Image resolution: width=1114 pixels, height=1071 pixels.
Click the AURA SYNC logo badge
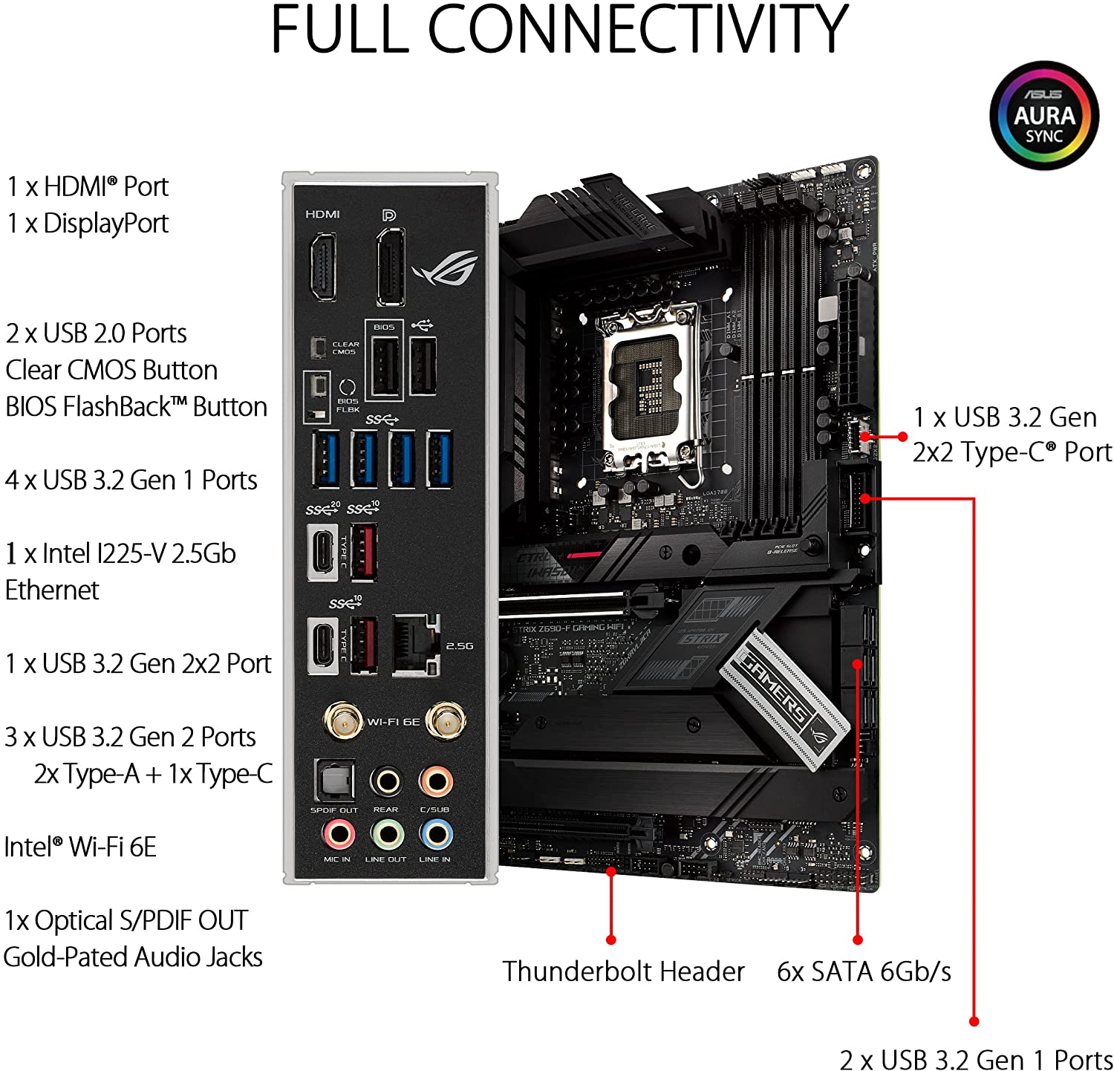(1043, 116)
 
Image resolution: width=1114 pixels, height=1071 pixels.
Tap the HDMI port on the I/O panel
(322, 265)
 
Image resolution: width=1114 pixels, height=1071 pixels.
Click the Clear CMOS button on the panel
(319, 347)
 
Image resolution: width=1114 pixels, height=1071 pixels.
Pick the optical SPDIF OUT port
(333, 781)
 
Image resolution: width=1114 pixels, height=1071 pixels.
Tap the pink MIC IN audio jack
(338, 834)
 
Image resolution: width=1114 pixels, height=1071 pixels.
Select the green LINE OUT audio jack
(387, 834)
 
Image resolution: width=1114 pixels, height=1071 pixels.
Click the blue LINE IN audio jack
(435, 834)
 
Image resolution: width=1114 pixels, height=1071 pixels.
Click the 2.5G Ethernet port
(416, 645)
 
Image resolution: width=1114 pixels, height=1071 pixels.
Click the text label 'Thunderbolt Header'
(623, 971)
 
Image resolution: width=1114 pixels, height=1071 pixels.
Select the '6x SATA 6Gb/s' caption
(864, 971)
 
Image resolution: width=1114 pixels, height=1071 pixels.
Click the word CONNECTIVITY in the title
(637, 30)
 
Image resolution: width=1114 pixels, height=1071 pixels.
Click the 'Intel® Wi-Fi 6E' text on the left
(80, 847)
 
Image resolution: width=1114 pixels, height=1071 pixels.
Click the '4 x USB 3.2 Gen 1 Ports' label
(131, 481)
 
